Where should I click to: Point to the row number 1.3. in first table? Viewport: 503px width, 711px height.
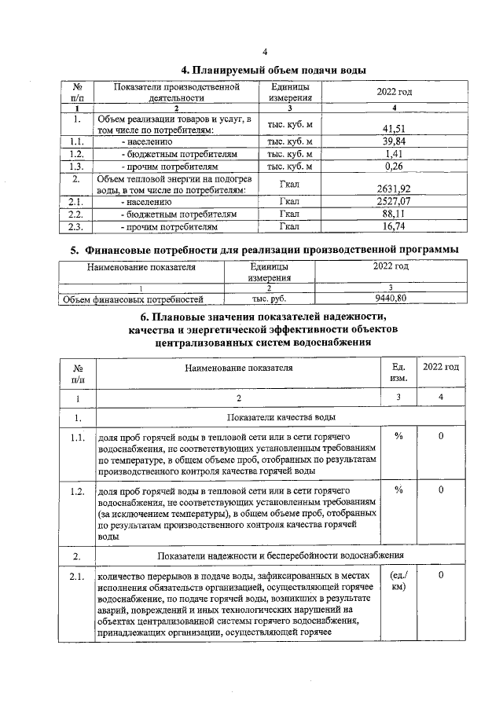(x=77, y=167)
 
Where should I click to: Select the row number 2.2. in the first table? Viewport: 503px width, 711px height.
(x=77, y=214)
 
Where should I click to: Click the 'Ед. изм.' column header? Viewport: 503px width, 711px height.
(x=398, y=372)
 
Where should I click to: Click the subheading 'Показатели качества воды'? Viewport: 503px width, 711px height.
(x=282, y=417)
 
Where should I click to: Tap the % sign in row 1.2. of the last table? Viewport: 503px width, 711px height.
(x=398, y=491)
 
